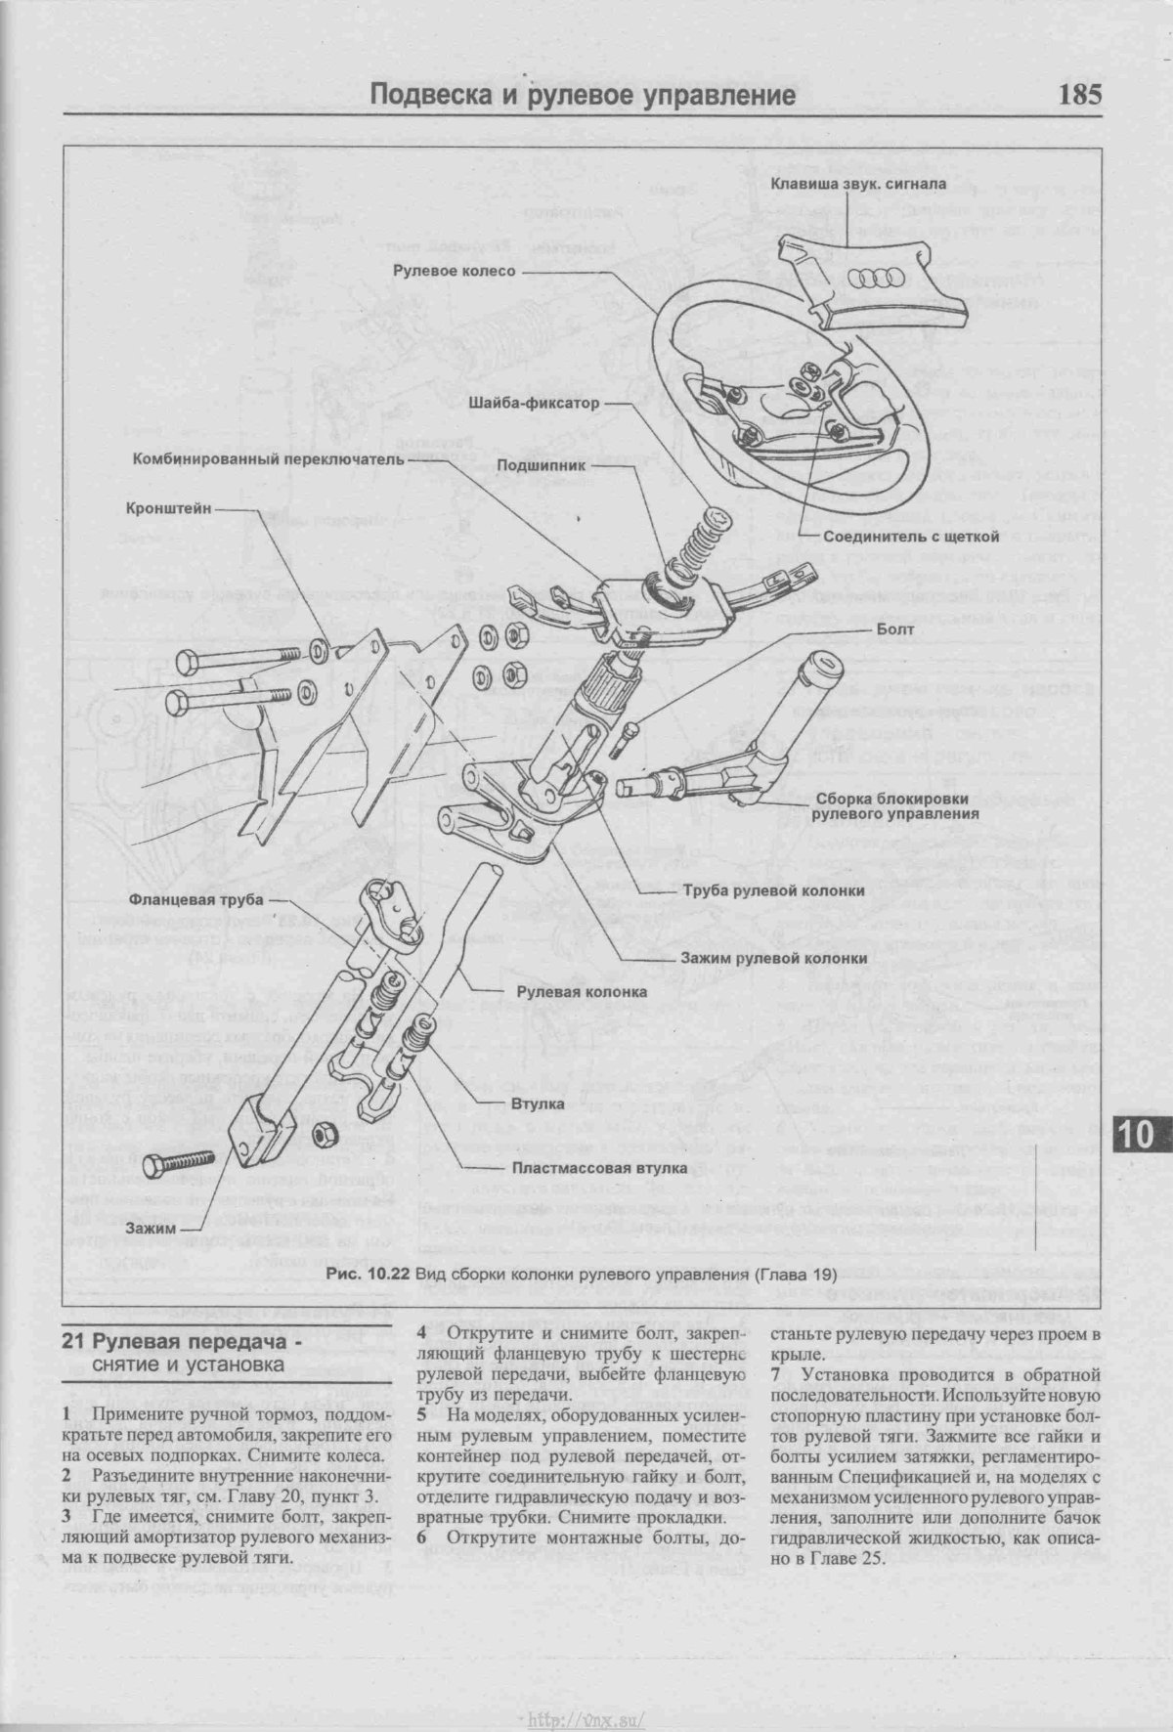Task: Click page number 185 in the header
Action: coord(1078,95)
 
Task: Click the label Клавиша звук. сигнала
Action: coord(856,183)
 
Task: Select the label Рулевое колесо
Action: coord(454,270)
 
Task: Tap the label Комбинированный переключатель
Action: coord(267,456)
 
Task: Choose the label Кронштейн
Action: coord(165,508)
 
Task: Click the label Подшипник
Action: coord(541,465)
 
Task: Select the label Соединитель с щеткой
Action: coord(910,537)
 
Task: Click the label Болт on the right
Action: coord(895,629)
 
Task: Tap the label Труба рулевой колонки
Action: coord(773,891)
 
